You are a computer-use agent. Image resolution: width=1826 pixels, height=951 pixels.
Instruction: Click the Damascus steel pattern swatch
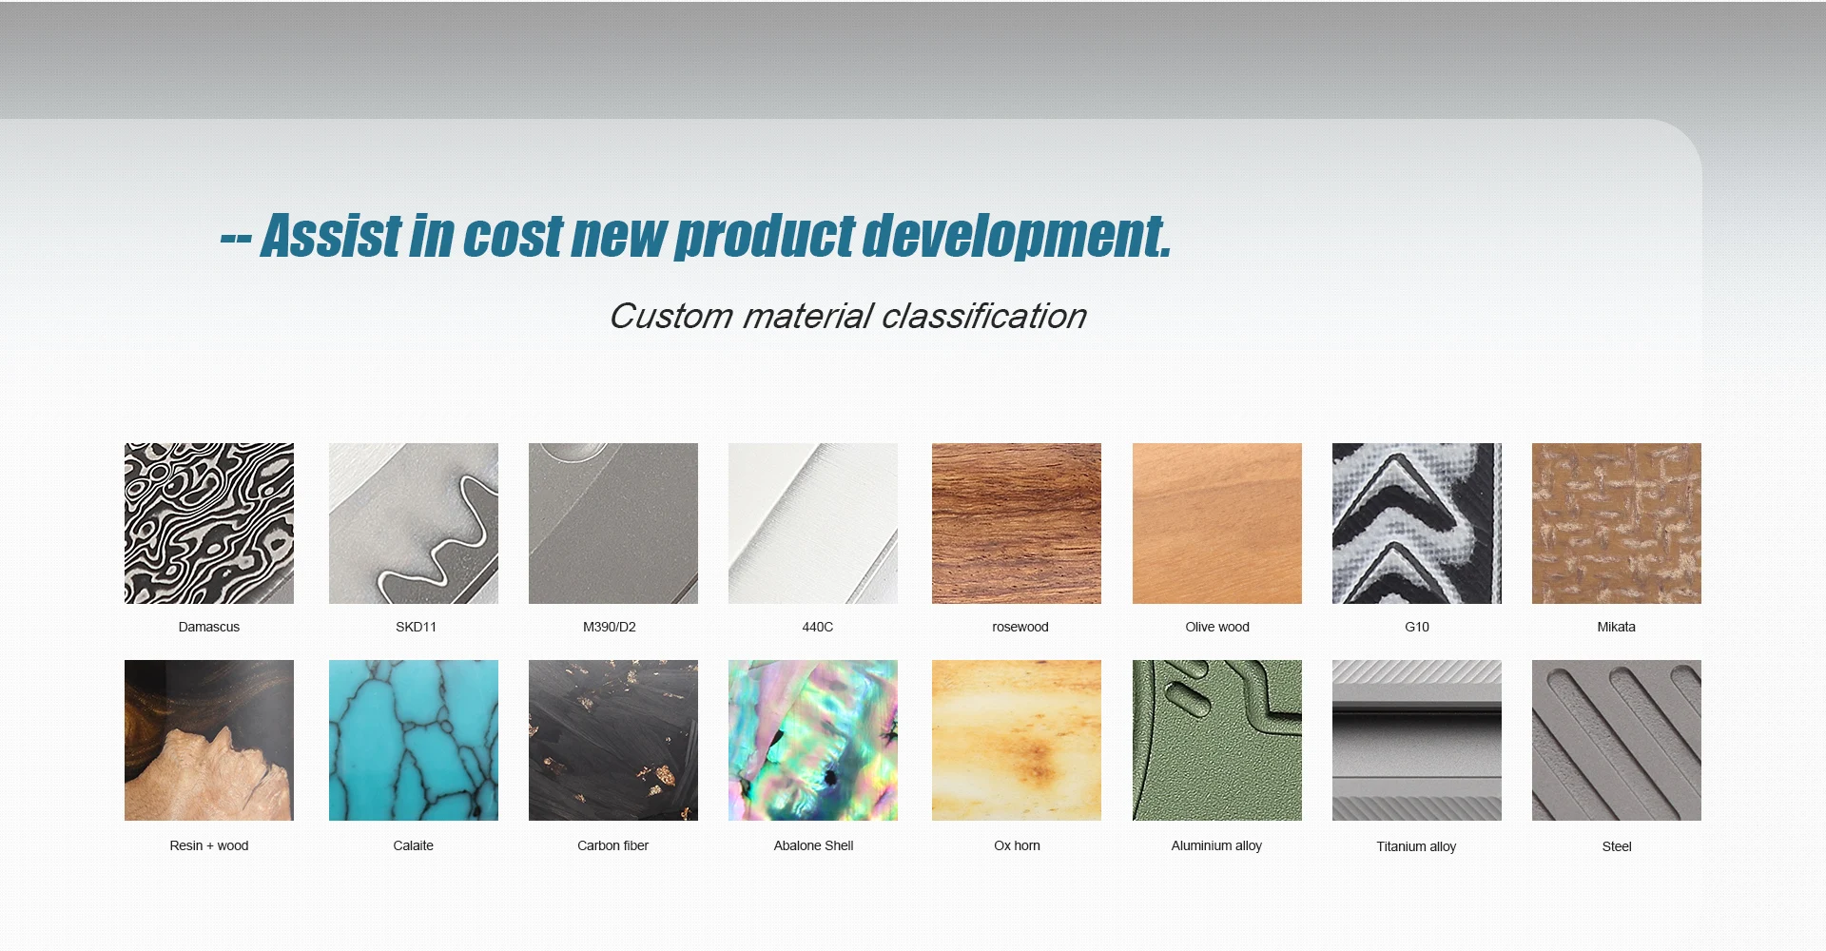pyautogui.click(x=209, y=523)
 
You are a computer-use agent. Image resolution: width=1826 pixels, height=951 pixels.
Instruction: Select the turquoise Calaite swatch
pyautogui.click(x=414, y=740)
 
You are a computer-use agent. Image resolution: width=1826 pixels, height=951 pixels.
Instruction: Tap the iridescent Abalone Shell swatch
pyautogui.click(x=813, y=740)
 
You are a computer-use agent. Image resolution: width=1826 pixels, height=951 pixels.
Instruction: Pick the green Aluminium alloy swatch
pyautogui.click(x=1217, y=740)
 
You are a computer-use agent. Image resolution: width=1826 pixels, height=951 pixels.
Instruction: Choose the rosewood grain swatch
pyautogui.click(x=1017, y=523)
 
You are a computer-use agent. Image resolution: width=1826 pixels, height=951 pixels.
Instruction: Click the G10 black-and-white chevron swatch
pyautogui.click(x=1417, y=523)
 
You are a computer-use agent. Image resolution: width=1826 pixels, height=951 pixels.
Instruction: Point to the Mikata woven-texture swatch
pyautogui.click(x=1617, y=523)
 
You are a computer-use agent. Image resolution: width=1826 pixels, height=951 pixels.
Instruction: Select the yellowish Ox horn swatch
pyautogui.click(x=1017, y=740)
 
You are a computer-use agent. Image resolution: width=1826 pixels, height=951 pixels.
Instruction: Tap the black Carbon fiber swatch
pyautogui.click(x=613, y=740)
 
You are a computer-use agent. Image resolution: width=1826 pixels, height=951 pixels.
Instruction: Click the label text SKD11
pyautogui.click(x=417, y=627)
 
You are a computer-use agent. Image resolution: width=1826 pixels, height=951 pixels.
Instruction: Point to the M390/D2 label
pyautogui.click(x=610, y=627)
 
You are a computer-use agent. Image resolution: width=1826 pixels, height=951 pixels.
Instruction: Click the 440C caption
pyautogui.click(x=818, y=627)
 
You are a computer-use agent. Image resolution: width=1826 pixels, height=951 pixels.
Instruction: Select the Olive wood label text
pyautogui.click(x=1217, y=627)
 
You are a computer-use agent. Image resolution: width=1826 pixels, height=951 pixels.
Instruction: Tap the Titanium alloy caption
pyautogui.click(x=1416, y=846)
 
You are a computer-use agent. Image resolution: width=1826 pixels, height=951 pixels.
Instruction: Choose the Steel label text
pyautogui.click(x=1617, y=846)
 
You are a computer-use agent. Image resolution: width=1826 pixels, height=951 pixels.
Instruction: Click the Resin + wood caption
pyautogui.click(x=209, y=845)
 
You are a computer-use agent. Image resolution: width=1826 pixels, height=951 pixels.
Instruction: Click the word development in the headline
pyautogui.click(x=1017, y=236)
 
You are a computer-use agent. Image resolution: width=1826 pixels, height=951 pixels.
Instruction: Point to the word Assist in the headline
pyautogui.click(x=332, y=236)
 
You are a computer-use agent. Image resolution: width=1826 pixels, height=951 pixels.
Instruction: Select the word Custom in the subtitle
pyautogui.click(x=670, y=316)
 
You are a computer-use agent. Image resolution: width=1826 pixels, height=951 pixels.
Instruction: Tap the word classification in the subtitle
pyautogui.click(x=984, y=316)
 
